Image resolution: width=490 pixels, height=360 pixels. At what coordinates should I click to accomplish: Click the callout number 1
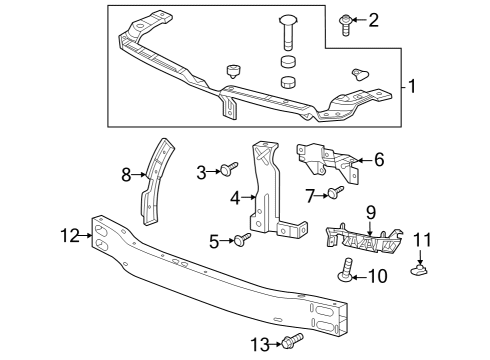click(412, 86)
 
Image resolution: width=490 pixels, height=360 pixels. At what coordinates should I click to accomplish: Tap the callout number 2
click(375, 19)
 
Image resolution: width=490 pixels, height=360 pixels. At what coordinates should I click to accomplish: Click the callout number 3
click(201, 172)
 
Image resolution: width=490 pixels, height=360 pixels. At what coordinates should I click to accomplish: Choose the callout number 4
click(236, 198)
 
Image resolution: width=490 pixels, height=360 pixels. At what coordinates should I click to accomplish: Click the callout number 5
click(214, 241)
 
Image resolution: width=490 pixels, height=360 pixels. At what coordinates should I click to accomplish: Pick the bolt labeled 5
click(241, 239)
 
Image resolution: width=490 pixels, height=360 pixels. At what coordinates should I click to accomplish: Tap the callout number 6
click(379, 159)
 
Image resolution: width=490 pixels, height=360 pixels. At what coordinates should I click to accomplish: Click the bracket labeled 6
click(329, 158)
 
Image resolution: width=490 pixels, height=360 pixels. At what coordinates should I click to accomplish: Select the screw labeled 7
click(335, 190)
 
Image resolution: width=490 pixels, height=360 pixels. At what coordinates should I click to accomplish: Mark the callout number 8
click(127, 175)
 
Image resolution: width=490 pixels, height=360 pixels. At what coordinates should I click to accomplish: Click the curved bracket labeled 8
click(152, 180)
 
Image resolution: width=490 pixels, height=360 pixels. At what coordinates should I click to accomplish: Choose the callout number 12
click(69, 236)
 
